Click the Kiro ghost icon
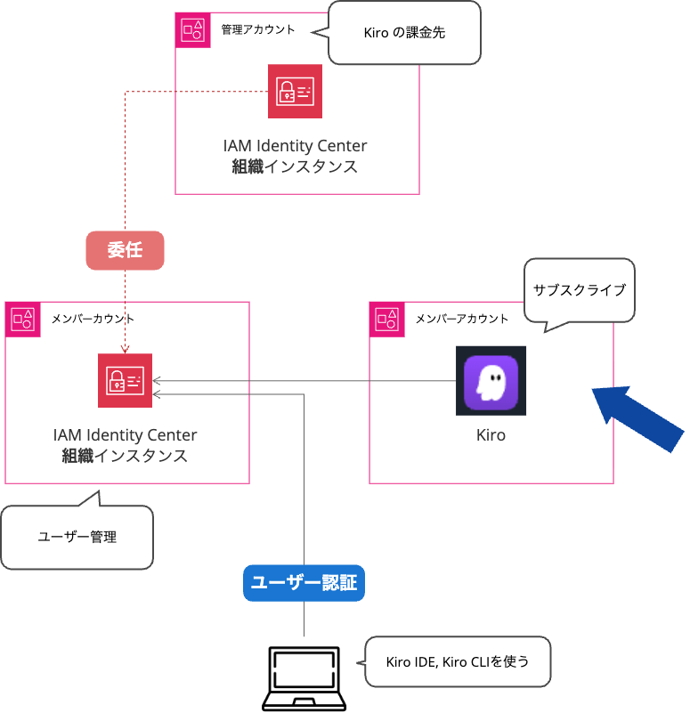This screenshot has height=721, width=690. [x=490, y=381]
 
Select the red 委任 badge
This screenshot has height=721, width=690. [x=126, y=251]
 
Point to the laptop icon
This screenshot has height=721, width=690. [x=304, y=678]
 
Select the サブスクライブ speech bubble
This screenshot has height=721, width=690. [x=579, y=290]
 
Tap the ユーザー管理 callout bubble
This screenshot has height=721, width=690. [x=77, y=537]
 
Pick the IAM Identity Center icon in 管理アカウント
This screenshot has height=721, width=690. [x=295, y=91]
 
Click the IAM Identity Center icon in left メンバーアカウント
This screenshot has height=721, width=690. [x=125, y=381]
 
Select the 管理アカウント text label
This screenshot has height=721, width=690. [x=258, y=29]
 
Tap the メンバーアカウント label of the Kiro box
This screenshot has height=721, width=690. [x=462, y=318]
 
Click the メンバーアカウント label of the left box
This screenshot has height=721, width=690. [x=93, y=318]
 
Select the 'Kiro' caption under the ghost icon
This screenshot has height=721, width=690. [x=491, y=435]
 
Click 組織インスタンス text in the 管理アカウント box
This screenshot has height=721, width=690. [x=295, y=166]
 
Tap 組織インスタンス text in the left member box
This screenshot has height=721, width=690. [x=125, y=456]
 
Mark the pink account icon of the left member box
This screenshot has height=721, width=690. [x=22, y=319]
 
